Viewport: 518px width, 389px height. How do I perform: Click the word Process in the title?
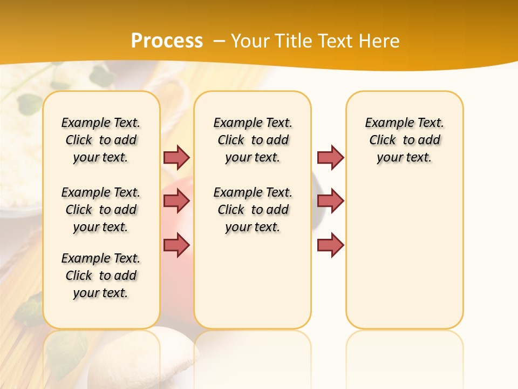coord(167,41)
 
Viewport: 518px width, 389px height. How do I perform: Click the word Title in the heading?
coord(292,41)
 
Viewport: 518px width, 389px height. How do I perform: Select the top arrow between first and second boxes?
coord(176,157)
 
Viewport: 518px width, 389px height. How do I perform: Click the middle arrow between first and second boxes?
coord(176,202)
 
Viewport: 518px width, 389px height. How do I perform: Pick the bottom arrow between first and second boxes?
coord(176,245)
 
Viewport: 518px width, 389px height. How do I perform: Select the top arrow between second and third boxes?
coord(330,157)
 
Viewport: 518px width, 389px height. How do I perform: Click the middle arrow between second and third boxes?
coord(330,202)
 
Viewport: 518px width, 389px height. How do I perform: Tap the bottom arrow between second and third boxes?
coord(330,245)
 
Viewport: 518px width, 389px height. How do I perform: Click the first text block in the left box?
coord(101,140)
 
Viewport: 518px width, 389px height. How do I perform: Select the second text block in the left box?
coord(101,210)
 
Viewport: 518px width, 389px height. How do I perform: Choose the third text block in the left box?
coord(101,276)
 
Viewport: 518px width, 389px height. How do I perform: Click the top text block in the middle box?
coord(253,140)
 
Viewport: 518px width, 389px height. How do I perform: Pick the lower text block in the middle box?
coord(253,210)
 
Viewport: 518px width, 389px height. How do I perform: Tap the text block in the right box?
coord(405,140)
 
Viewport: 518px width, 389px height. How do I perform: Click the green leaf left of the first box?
coord(30,103)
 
